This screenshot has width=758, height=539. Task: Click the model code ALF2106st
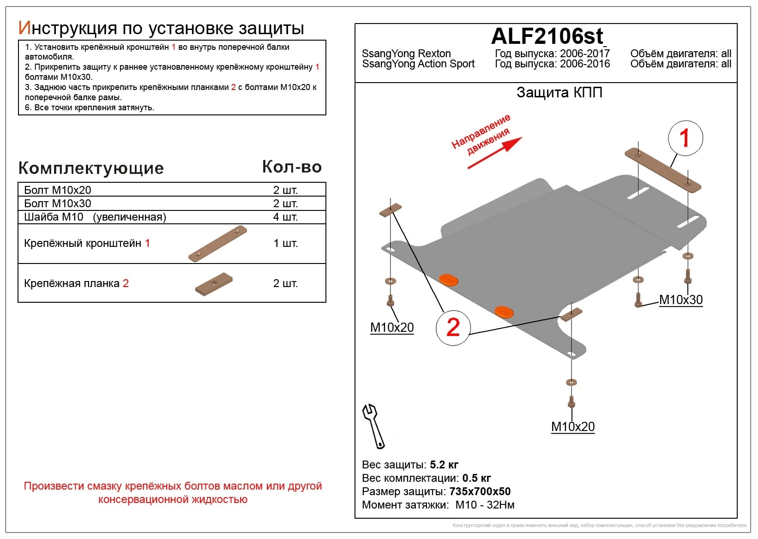click(547, 36)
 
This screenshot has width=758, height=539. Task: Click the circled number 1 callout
click(685, 138)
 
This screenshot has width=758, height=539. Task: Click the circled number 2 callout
click(453, 327)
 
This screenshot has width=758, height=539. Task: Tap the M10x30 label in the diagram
click(680, 300)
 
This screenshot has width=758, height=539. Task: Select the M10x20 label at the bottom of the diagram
click(572, 427)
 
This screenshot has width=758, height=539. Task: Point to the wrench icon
click(373, 426)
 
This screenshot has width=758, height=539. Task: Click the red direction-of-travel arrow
click(495, 153)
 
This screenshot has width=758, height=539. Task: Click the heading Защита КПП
click(559, 93)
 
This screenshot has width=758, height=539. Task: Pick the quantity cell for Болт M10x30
click(285, 204)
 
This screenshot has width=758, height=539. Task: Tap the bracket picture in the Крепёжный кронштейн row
click(217, 244)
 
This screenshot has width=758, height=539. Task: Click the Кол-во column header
click(292, 167)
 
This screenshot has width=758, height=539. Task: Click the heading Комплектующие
click(91, 168)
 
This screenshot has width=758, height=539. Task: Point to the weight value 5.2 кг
click(444, 465)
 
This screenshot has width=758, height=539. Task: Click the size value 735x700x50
click(480, 491)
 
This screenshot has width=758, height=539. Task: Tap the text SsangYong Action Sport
click(418, 64)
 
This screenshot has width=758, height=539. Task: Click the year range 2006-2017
click(584, 54)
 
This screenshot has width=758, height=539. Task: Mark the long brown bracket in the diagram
click(662, 170)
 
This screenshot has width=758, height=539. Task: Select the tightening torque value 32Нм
click(500, 505)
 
